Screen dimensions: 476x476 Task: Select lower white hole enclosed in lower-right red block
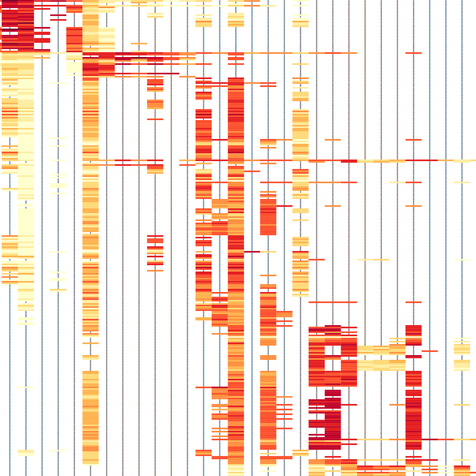(x=333, y=365)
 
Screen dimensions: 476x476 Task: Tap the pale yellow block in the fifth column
(x=74, y=66)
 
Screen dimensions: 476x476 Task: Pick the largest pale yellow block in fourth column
(x=58, y=185)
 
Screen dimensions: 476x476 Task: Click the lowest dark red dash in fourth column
(x=58, y=19)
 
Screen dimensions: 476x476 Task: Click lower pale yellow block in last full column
(x=462, y=365)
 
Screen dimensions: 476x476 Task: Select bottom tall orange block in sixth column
(x=90, y=417)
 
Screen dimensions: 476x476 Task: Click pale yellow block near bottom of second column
(x=26, y=452)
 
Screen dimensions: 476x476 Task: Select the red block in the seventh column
(x=107, y=64)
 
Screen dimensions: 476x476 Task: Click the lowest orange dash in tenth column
(x=155, y=271)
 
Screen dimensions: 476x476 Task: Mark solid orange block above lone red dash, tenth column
(x=155, y=104)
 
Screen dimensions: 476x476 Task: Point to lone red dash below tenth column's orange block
(x=155, y=119)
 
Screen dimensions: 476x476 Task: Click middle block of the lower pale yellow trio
(x=381, y=365)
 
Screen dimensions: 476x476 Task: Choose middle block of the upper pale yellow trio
(x=381, y=350)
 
